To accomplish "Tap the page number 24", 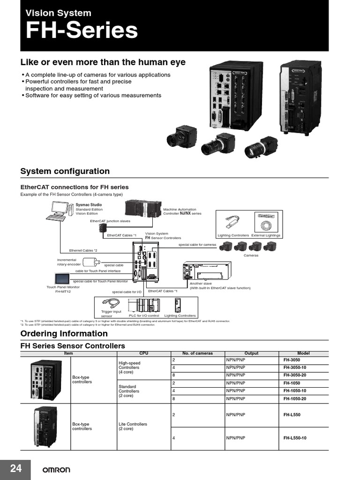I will pos(15,468).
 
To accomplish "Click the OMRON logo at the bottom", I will pos(57,470).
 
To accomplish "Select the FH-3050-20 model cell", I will pos(294,375).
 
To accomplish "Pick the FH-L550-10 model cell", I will pos(294,438).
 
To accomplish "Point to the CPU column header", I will pos(143,353).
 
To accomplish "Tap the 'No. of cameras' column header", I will pos(197,353).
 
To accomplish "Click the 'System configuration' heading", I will pos(65,172).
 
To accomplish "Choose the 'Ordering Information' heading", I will pos(64,334).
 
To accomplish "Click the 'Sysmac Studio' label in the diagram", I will pos(89,205).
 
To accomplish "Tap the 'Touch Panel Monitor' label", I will pos(63,287).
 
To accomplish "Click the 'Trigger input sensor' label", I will pos(111,314).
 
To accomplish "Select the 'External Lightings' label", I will pos(266,235).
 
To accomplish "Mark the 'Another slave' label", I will pos(201,284).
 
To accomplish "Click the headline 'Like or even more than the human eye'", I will pos(103,62).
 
